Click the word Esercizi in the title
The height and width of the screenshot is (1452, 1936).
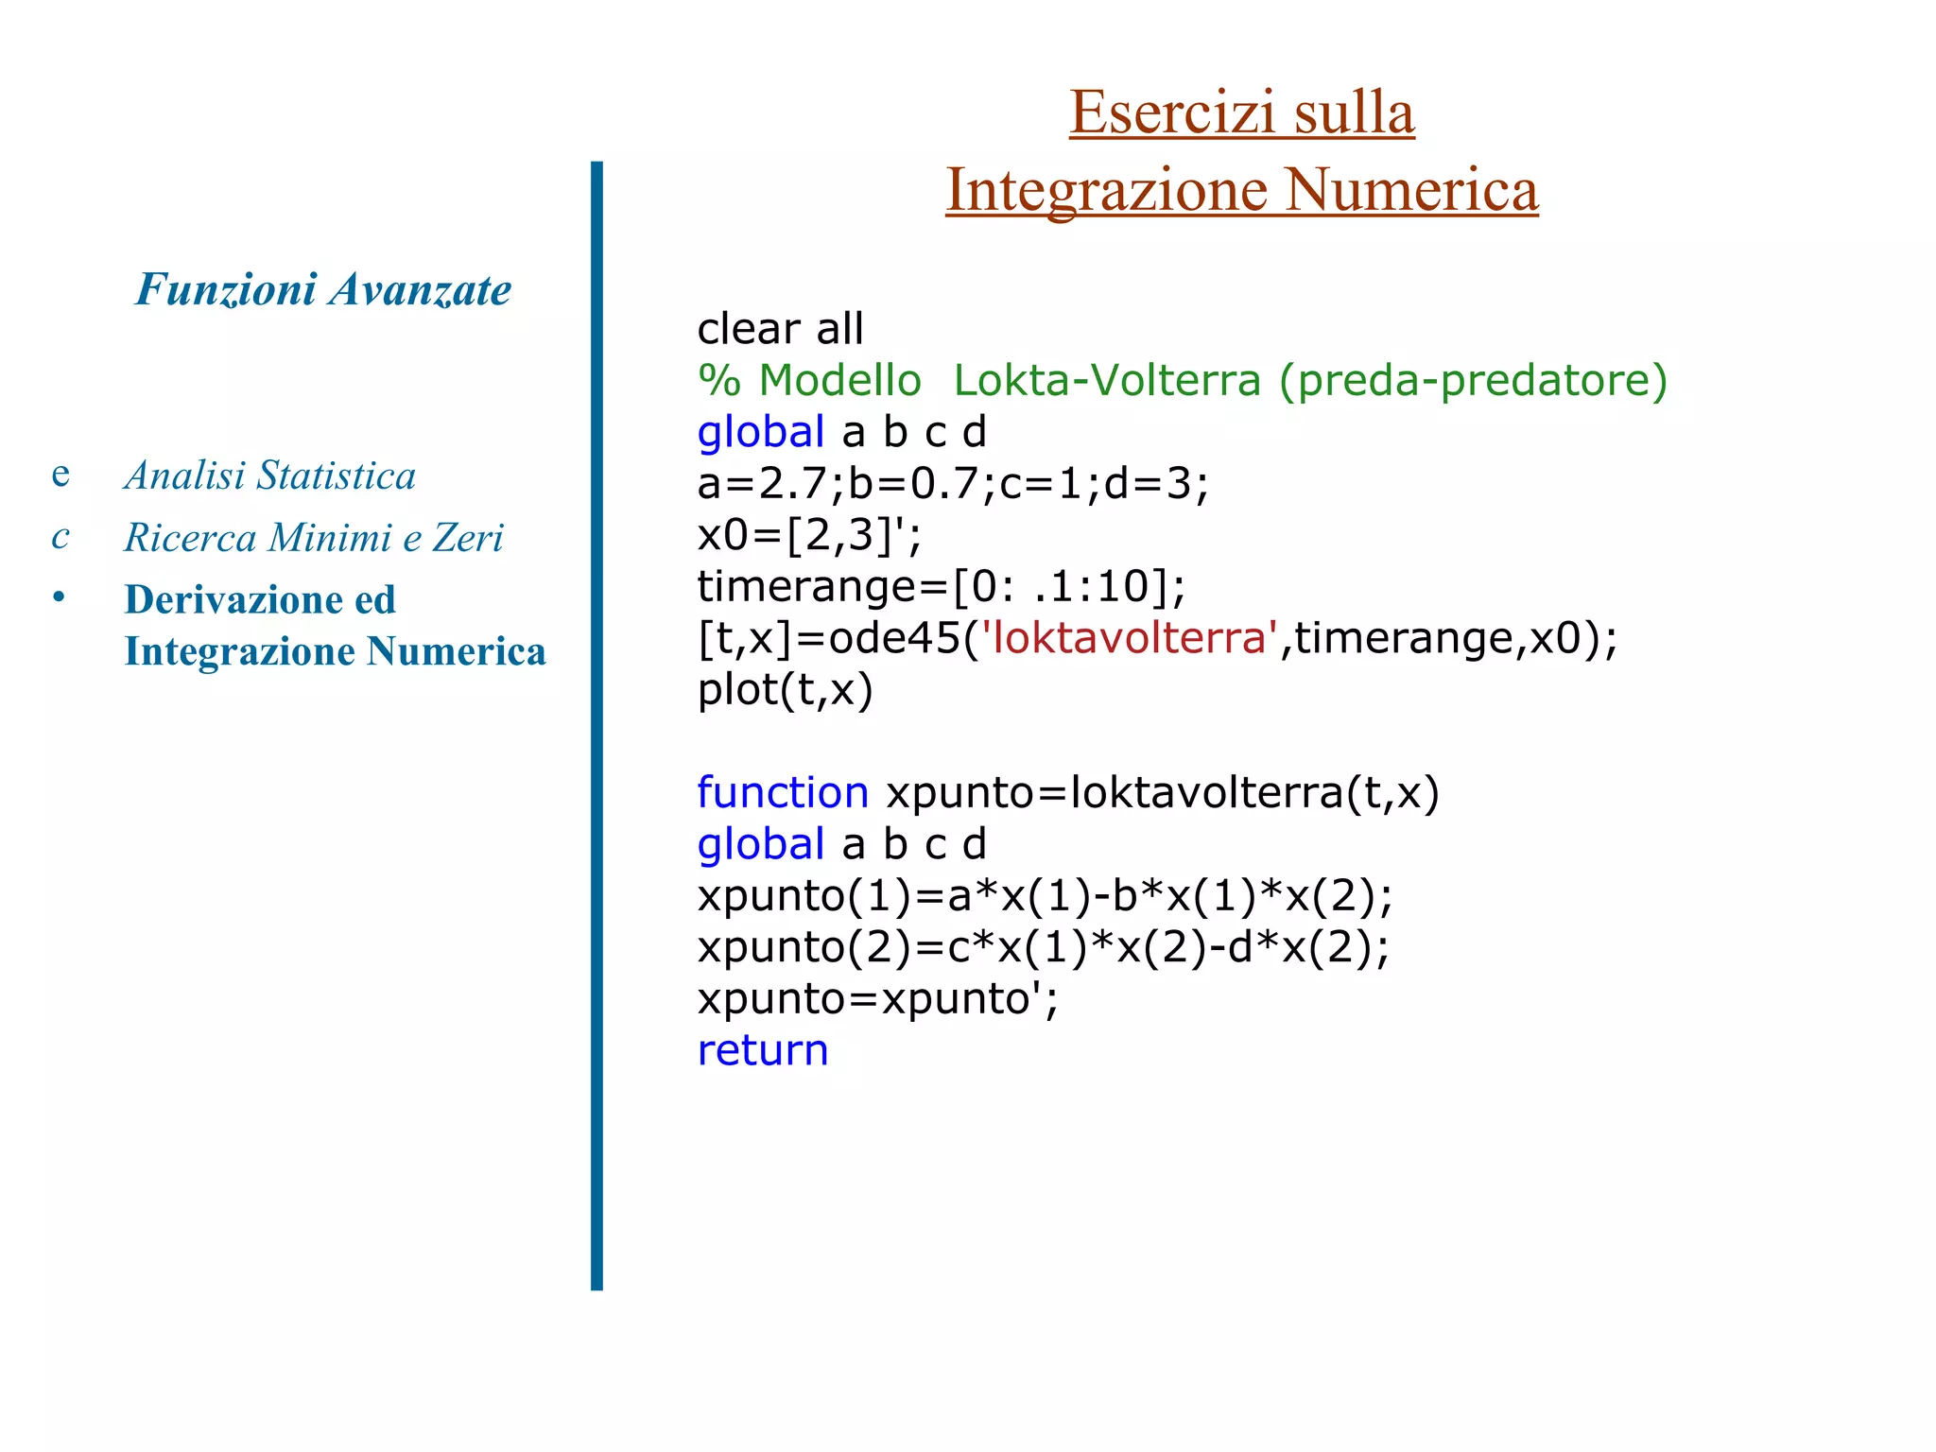click(1172, 112)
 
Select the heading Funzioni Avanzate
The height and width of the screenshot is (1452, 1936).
click(323, 289)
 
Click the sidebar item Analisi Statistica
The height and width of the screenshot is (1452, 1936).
click(269, 475)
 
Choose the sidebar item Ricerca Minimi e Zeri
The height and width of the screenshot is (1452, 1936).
click(314, 538)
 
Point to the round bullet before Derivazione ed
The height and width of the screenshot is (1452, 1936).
click(59, 597)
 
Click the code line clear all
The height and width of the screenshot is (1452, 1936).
click(780, 329)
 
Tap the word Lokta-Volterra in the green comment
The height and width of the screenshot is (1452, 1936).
click(1106, 380)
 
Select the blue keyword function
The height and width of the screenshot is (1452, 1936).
click(782, 792)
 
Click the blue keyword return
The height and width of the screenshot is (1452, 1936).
click(762, 1050)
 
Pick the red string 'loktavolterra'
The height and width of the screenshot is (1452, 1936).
click(1131, 638)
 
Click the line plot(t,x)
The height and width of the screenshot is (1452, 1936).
click(785, 690)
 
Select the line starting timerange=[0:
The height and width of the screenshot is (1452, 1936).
click(941, 587)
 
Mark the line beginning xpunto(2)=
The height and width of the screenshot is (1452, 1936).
click(1043, 947)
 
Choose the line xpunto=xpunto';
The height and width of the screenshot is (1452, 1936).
click(877, 999)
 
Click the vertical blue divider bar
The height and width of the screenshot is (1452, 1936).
click(596, 725)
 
